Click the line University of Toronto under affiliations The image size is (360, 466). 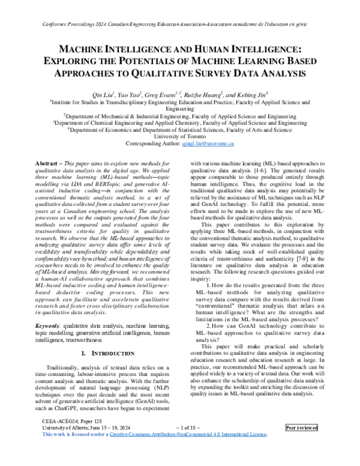[x=179, y=137]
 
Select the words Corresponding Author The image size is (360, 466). [x=152, y=145]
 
